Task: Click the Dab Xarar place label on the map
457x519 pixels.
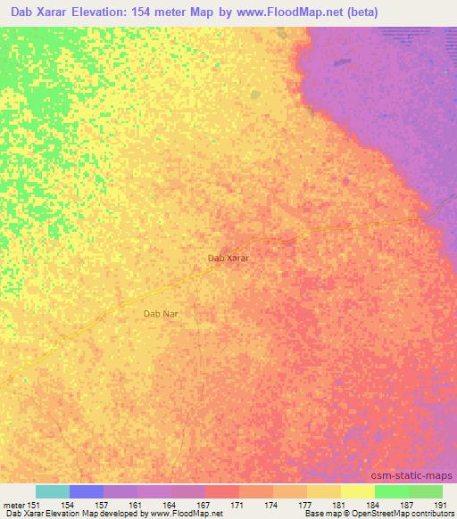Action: coord(228,258)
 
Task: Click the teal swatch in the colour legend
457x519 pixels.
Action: coord(53,491)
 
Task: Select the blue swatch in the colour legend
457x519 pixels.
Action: coord(87,491)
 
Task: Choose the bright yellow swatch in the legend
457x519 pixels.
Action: coord(357,491)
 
